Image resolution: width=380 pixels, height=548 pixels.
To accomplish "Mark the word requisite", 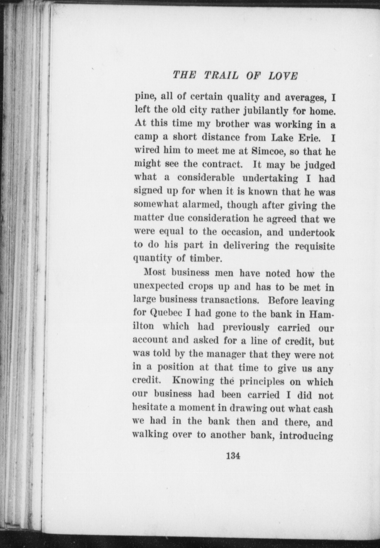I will click(x=315, y=246).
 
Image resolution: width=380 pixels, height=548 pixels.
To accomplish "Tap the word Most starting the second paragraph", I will click(x=154, y=273).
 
